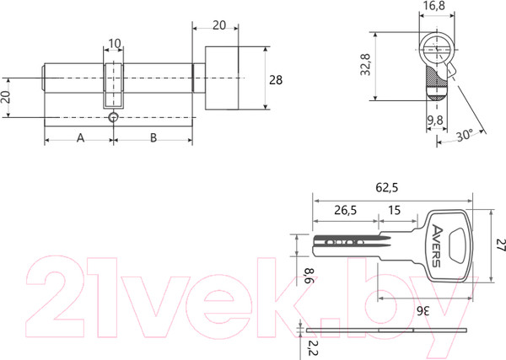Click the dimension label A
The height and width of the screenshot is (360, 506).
coord(80,137)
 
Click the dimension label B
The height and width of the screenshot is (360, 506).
coord(153,137)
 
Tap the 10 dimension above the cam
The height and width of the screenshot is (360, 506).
coord(115,44)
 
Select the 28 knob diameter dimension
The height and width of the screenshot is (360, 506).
coord(276,80)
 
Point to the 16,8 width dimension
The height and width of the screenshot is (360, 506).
coord(435,6)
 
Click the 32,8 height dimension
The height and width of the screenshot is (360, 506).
coord(366,65)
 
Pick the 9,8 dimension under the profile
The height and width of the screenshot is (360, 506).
coord(435,121)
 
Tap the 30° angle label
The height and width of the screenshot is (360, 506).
coord(465,135)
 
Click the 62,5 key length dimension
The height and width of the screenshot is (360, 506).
coord(387,187)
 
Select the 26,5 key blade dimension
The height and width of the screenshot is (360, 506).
coord(345,210)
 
